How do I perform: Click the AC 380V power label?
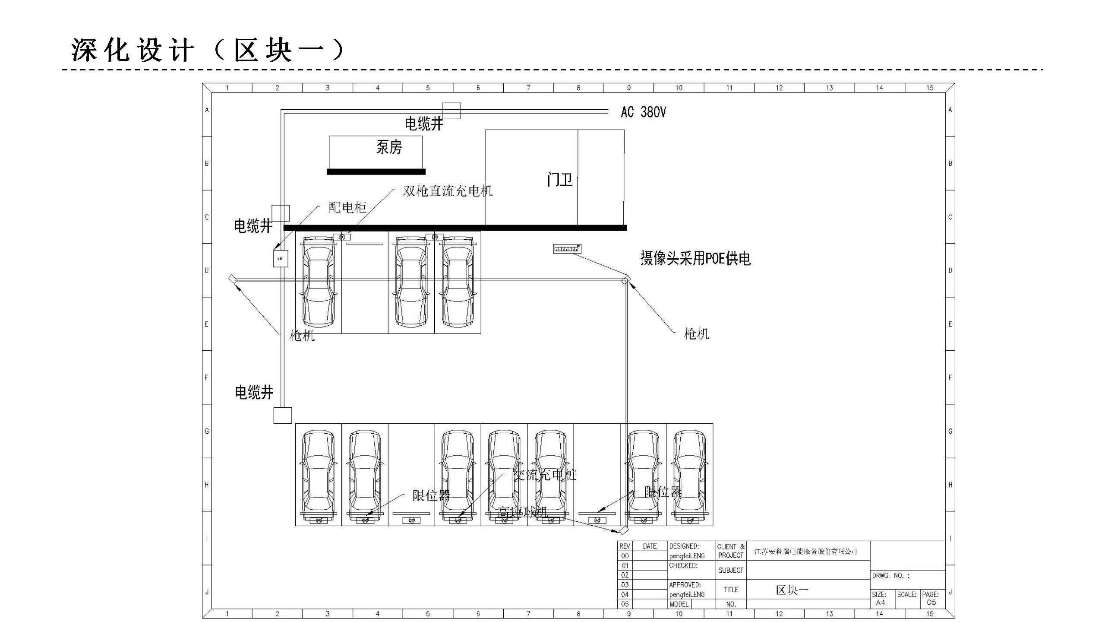click(643, 112)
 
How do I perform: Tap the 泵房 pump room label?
click(389, 147)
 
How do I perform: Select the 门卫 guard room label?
click(559, 179)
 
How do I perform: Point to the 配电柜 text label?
click(347, 208)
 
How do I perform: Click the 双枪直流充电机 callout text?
click(448, 191)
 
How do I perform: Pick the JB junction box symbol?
click(280, 258)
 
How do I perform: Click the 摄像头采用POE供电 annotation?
click(695, 258)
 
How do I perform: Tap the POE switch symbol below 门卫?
click(567, 249)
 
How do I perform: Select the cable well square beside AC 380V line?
click(451, 111)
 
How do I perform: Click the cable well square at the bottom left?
click(283, 416)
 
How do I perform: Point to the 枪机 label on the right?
click(696, 333)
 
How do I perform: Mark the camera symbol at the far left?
click(232, 279)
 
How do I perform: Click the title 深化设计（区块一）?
click(208, 50)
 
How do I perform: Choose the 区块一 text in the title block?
click(792, 590)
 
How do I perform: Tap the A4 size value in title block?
click(881, 603)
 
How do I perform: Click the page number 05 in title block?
click(931, 603)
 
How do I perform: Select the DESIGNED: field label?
click(684, 546)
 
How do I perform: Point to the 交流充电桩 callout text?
click(545, 475)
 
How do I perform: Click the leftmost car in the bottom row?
click(318, 475)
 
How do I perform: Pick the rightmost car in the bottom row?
click(689, 475)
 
